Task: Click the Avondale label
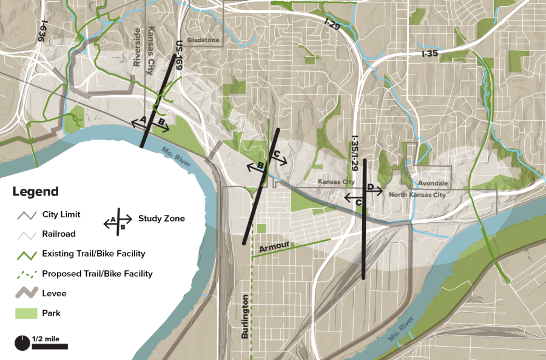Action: click(x=433, y=183)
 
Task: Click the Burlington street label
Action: click(x=245, y=316)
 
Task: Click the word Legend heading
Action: click(x=35, y=192)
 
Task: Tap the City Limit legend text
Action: click(x=61, y=215)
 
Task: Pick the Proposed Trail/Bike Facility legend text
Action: click(x=97, y=274)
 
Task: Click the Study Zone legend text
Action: click(x=161, y=219)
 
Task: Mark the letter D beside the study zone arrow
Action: click(x=369, y=187)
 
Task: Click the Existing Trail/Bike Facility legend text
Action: click(x=93, y=254)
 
